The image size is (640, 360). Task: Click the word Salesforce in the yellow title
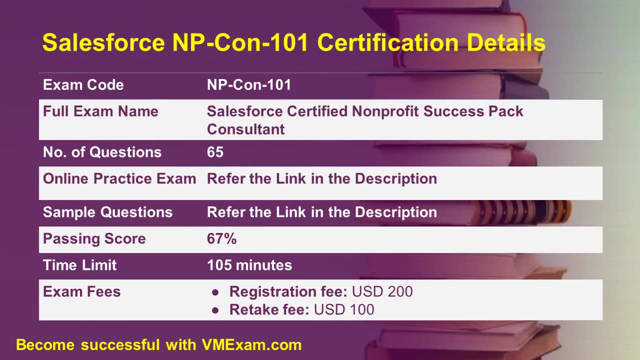pos(103,43)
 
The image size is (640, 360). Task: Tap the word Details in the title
pos(506,43)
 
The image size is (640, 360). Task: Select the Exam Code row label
pos(83,85)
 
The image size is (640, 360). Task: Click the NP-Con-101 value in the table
pos(249,85)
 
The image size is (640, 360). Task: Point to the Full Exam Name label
pos(100,111)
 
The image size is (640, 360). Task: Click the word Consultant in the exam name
pos(245,129)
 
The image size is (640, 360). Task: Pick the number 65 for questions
pos(215,152)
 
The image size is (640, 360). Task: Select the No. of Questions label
pos(102,152)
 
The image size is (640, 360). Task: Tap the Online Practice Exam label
pos(119,179)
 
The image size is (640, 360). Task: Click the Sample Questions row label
pos(107,212)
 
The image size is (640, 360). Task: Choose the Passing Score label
pos(94,239)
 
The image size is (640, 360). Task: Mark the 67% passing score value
pos(221,239)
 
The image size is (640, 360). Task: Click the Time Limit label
pos(79,265)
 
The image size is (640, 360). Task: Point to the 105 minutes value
pos(249,265)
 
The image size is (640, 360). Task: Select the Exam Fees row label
pos(81,292)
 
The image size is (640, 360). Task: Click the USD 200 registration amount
pos(382,292)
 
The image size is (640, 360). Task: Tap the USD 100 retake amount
pos(344,310)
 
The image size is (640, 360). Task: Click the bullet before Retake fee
pos(215,310)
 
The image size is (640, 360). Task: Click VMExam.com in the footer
pos(251,345)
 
